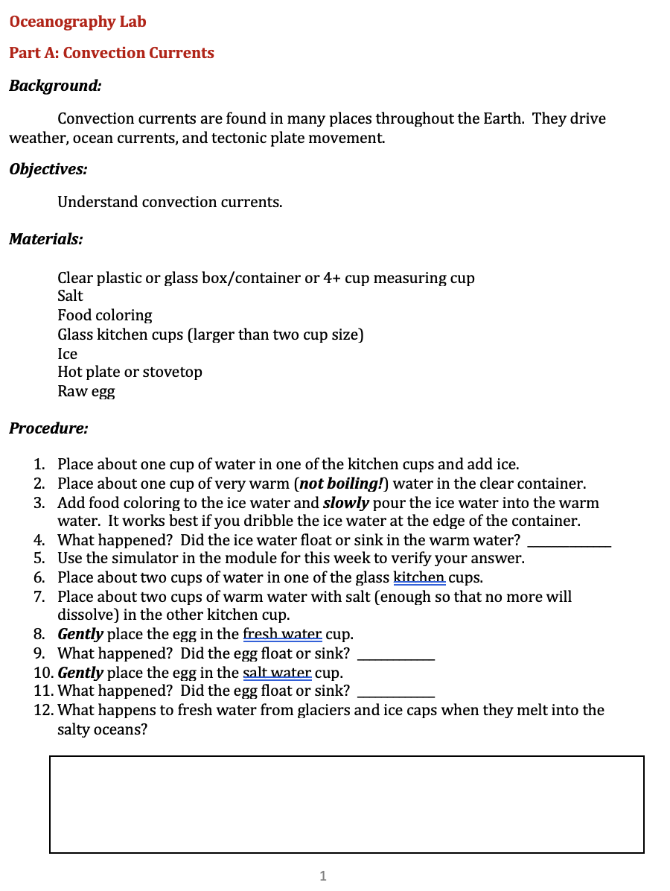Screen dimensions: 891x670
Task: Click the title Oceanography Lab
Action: (x=77, y=22)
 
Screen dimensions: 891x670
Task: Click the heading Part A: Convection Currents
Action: (x=112, y=53)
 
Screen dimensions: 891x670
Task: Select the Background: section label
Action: (x=55, y=86)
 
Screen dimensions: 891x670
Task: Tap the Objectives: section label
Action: (x=48, y=169)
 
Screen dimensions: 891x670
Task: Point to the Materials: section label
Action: (x=45, y=240)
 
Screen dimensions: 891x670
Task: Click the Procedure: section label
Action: (x=48, y=429)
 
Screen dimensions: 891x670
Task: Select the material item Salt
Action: (x=70, y=296)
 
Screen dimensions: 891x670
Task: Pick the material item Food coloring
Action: (x=105, y=315)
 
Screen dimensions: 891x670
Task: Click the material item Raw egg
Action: (x=86, y=391)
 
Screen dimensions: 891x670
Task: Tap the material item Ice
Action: (x=67, y=354)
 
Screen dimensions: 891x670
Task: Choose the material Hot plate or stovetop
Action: (x=130, y=372)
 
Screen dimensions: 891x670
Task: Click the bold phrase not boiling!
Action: (x=341, y=483)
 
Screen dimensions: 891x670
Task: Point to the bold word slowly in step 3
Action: (x=345, y=503)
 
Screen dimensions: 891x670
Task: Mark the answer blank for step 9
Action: (x=396, y=659)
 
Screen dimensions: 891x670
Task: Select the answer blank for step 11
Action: (x=396, y=696)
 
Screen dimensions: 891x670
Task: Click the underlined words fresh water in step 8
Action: (x=282, y=635)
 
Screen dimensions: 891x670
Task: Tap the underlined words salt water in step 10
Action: (x=277, y=673)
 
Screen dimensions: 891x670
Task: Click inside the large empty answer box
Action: (x=346, y=805)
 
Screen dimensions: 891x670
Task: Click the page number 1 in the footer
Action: (x=322, y=876)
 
